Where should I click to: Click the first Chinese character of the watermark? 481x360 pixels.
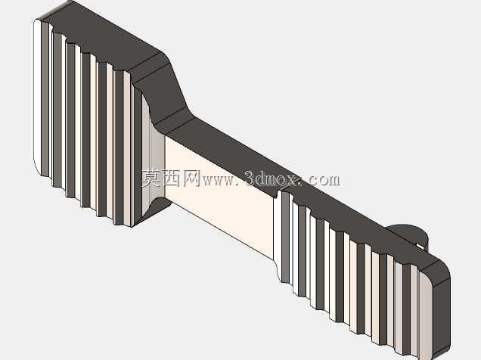(151, 178)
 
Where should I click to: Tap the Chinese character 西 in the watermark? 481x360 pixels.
(171, 178)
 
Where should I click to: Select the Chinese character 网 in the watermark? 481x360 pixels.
(191, 178)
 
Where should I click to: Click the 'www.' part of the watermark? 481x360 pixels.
(222, 181)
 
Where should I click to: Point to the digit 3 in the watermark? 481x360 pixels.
(250, 178)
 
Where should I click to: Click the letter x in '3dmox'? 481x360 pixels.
(293, 180)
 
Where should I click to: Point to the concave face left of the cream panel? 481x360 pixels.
(157, 166)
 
